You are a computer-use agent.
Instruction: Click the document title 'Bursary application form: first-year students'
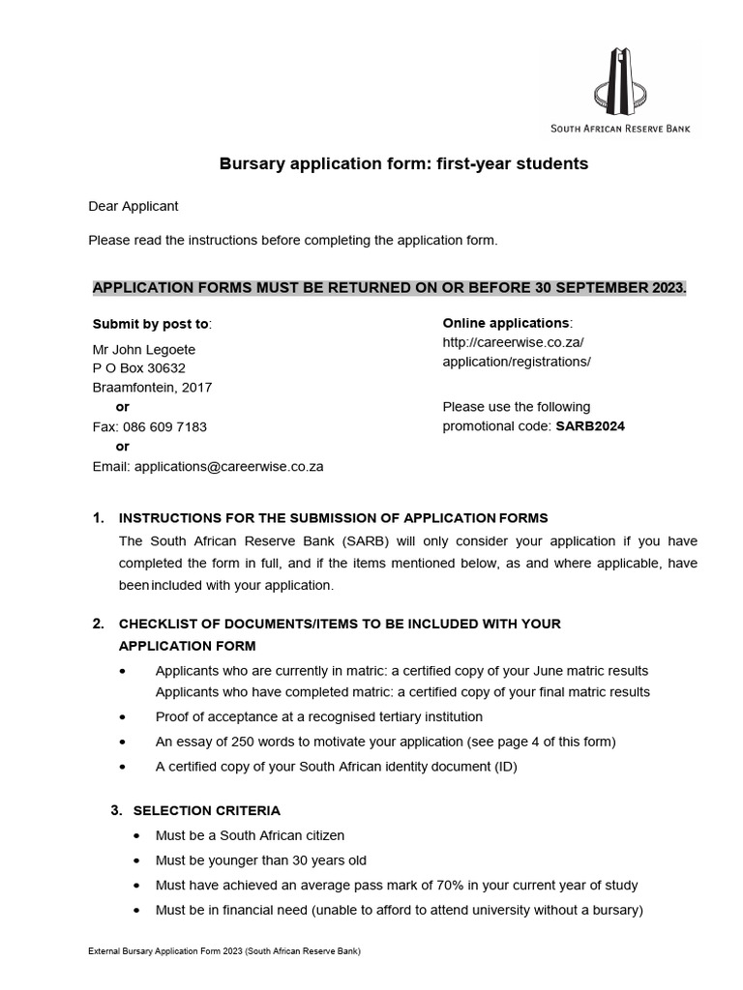404,163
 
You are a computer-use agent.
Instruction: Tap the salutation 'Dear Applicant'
134,206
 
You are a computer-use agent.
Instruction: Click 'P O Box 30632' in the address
138,368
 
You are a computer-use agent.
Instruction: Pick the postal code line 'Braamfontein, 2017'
152,388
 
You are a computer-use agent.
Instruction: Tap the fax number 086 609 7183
163,426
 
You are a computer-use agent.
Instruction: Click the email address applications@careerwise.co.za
228,466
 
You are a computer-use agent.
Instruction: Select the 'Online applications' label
506,323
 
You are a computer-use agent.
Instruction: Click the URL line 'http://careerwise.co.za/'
513,342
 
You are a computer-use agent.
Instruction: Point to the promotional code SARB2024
589,426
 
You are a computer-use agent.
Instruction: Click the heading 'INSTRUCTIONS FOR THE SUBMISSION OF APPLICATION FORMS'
333,518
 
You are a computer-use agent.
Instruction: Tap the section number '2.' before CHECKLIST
99,624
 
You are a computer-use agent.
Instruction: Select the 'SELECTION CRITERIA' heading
206,810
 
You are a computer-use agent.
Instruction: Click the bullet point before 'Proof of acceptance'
121,717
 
